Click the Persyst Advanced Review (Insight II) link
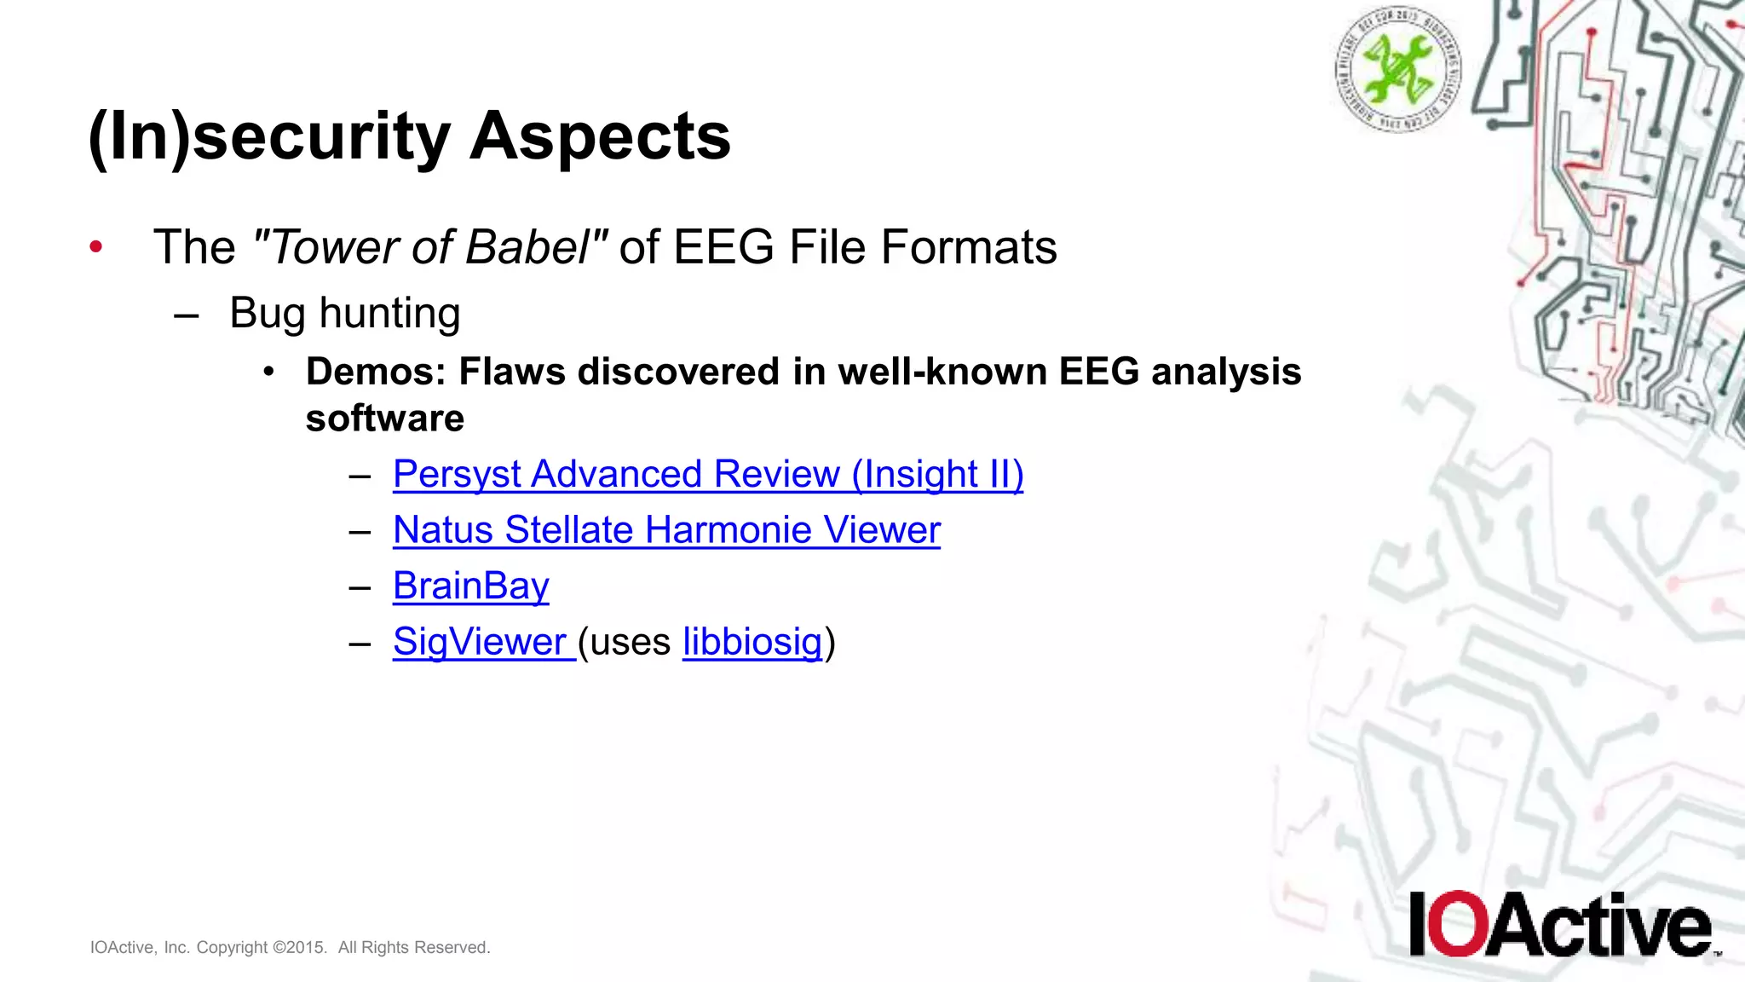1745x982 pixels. click(x=707, y=475)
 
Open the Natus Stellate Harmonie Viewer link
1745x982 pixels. click(x=666, y=530)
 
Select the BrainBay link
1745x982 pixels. click(x=470, y=586)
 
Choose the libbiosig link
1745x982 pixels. click(x=752, y=642)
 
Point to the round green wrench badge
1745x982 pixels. click(x=1398, y=68)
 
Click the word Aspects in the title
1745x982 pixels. click(x=600, y=136)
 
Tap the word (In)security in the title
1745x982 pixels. click(x=269, y=136)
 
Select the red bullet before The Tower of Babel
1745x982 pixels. click(x=96, y=247)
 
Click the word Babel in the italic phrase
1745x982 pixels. click(x=528, y=248)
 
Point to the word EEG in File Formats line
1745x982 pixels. click(x=724, y=248)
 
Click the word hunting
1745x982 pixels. click(x=389, y=314)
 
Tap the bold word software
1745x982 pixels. click(x=385, y=419)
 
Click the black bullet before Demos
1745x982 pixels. click(x=269, y=372)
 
